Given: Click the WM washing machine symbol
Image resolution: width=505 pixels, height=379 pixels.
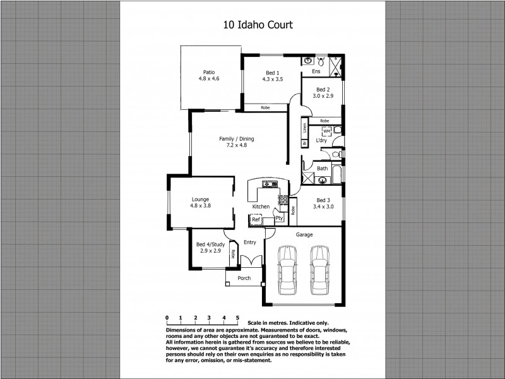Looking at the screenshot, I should pos(327,131).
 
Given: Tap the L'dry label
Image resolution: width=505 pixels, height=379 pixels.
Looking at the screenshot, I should pos(321,140).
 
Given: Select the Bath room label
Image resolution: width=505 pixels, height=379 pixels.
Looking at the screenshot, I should pos(323,168).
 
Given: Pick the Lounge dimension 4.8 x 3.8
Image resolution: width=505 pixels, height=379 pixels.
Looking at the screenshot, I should pos(200,205).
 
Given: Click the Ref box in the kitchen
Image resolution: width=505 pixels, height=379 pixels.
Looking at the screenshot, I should pos(256,220).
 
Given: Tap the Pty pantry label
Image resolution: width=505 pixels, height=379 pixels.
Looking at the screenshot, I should pos(279,219).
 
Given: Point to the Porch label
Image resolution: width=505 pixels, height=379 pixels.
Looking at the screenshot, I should pos(244,278).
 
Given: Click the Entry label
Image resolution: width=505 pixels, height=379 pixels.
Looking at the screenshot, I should pos(250,242).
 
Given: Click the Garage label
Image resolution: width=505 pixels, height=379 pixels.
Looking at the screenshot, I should pos(304,234).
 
